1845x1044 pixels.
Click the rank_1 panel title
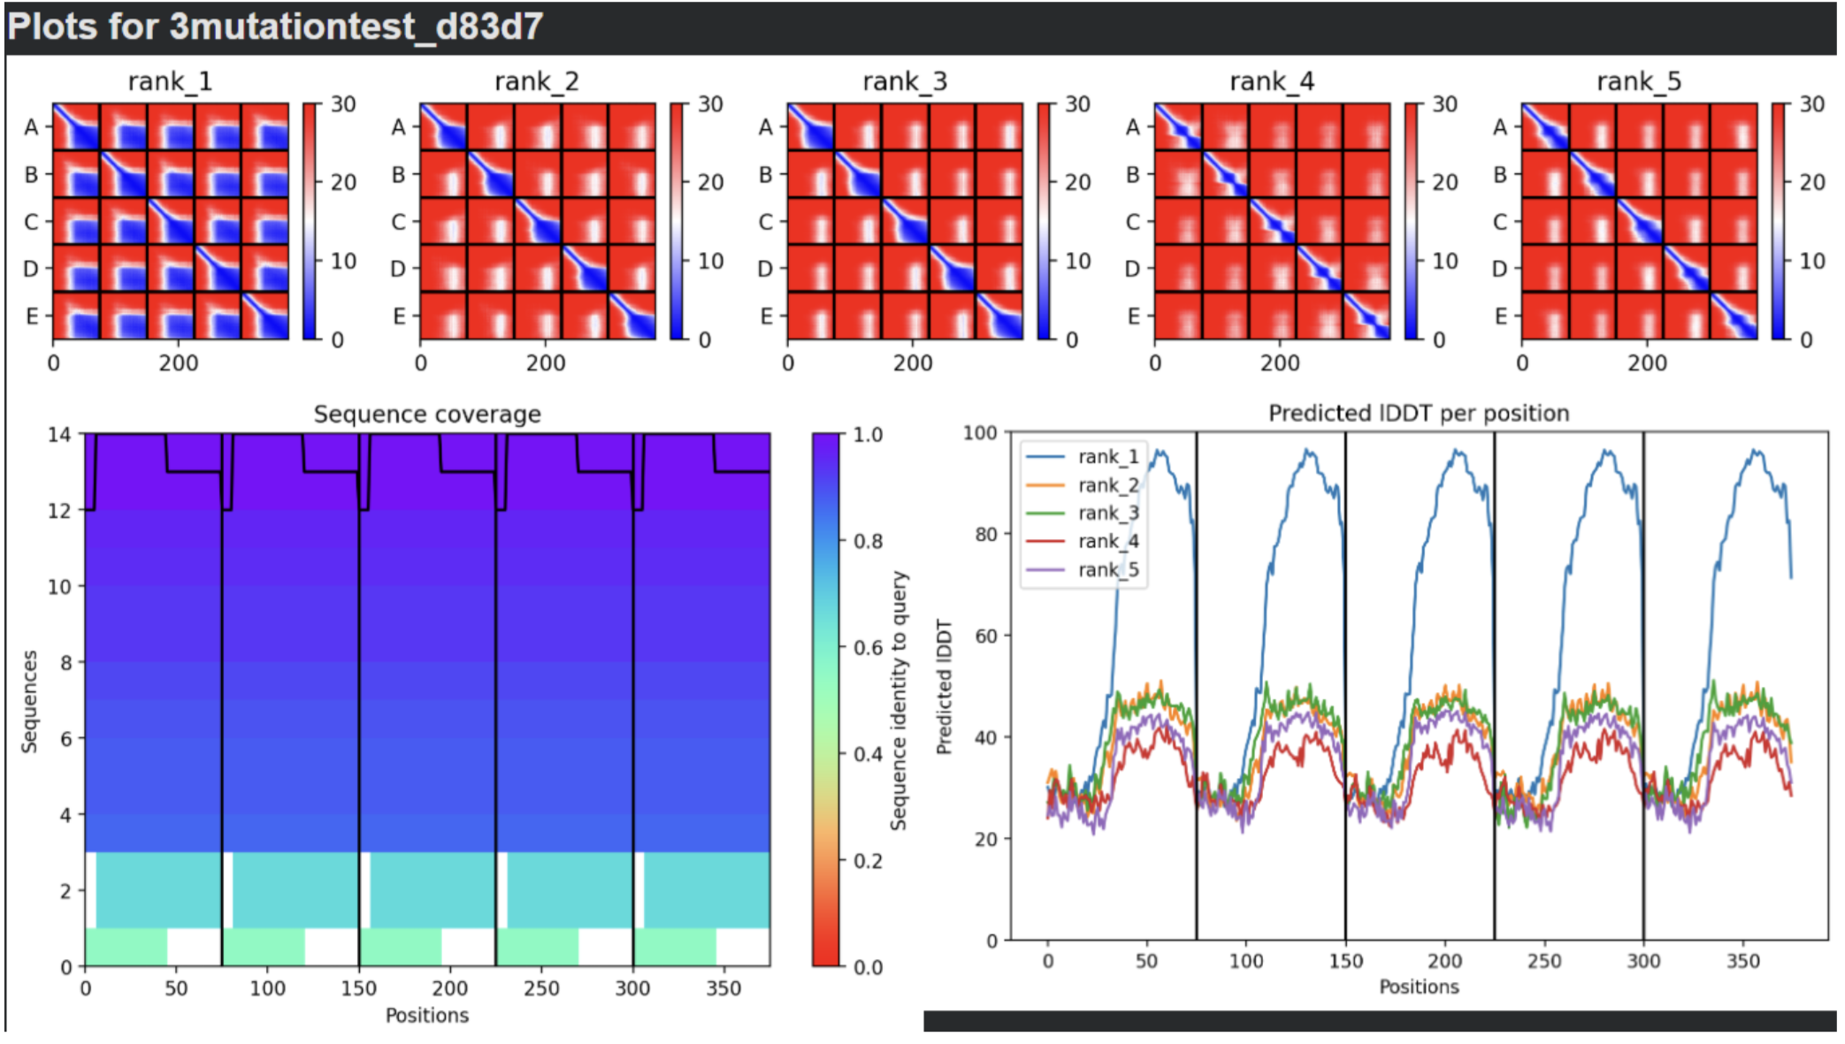(170, 81)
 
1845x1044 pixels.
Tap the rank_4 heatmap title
(1272, 81)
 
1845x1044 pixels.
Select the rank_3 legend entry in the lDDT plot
(1108, 513)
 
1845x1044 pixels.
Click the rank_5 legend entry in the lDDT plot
(1108, 569)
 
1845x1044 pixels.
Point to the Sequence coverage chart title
(427, 415)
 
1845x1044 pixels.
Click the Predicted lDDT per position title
(1419, 413)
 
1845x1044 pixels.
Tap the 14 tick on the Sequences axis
(59, 434)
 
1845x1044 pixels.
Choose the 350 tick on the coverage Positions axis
(723, 987)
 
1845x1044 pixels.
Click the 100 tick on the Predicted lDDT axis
(980, 433)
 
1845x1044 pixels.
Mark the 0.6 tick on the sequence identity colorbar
(869, 647)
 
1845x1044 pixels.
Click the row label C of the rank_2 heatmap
(399, 221)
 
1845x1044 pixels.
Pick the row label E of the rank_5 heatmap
(1501, 316)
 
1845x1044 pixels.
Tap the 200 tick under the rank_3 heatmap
(913, 362)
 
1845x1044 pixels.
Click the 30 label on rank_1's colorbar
(343, 104)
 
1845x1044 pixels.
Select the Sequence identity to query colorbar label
(899, 701)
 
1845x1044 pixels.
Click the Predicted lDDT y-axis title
(945, 687)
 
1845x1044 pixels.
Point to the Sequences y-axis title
(30, 702)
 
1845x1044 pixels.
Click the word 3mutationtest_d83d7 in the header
(356, 27)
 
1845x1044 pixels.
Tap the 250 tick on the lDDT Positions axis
(1544, 961)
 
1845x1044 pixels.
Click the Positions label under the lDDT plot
(1419, 987)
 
